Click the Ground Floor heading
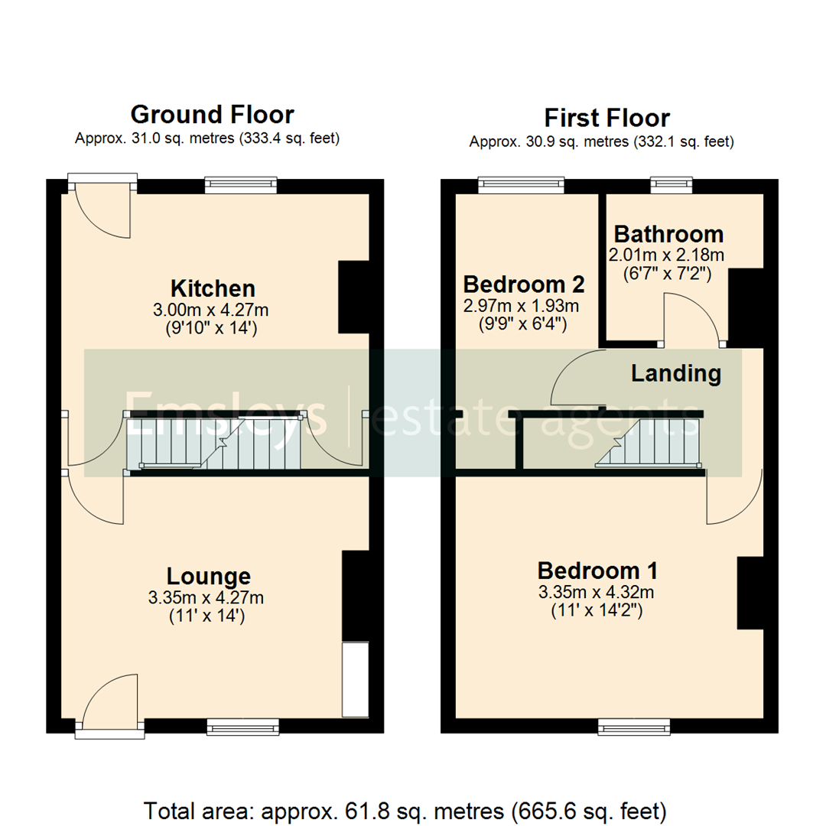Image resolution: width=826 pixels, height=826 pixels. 212,115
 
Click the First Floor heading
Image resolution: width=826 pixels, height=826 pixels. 606,118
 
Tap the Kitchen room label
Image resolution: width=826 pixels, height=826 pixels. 212,288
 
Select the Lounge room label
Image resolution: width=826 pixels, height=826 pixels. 209,576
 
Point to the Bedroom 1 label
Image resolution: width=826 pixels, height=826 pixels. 597,571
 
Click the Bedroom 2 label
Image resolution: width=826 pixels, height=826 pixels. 524,285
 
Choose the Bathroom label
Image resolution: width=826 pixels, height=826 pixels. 668,233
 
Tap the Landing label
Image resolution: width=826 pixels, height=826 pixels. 675,373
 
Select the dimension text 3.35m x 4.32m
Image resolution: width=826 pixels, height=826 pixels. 597,592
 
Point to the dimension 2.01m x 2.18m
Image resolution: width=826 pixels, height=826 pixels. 665,254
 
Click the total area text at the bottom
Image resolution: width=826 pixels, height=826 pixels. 405,809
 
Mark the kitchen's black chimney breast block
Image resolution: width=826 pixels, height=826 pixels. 353,297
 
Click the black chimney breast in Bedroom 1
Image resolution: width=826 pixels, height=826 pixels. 750,593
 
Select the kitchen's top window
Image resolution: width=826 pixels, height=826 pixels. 241,185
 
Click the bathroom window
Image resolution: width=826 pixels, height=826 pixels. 672,185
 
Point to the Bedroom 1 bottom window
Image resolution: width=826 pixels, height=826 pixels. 634,725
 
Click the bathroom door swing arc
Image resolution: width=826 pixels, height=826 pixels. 692,317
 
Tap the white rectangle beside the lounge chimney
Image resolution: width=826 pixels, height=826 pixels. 354,679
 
